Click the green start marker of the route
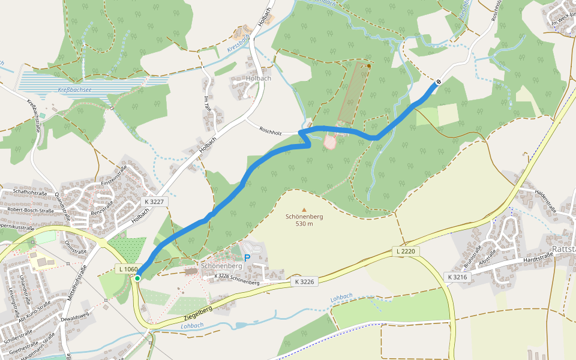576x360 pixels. click(x=137, y=278)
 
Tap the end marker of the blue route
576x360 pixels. click(x=439, y=82)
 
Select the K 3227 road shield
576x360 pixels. click(x=154, y=202)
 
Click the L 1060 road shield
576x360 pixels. click(x=129, y=269)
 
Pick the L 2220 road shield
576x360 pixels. click(x=406, y=250)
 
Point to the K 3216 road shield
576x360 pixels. click(x=457, y=277)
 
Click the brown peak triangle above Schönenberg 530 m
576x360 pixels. click(x=304, y=209)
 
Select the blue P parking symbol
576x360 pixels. click(x=247, y=258)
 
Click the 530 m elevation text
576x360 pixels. click(x=304, y=224)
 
